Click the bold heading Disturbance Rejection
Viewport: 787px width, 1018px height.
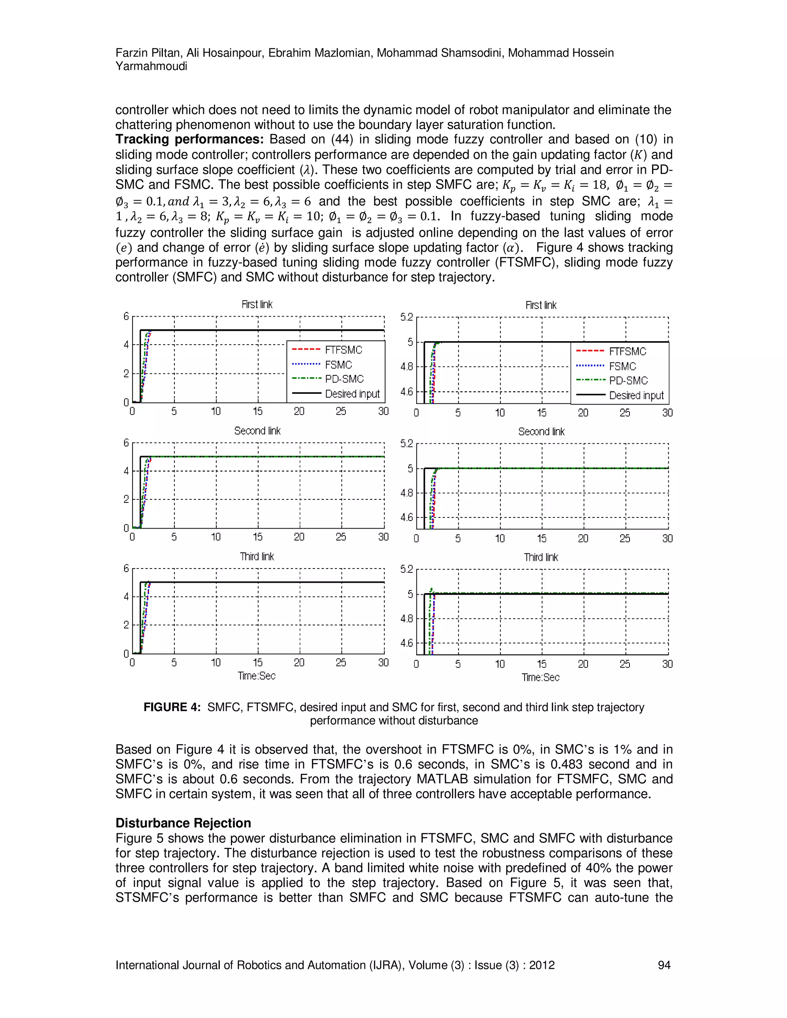click(x=183, y=823)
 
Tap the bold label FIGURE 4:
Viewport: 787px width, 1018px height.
click(x=171, y=707)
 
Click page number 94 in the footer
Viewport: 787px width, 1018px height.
click(x=664, y=965)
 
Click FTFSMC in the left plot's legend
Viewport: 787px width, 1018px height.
click(x=343, y=350)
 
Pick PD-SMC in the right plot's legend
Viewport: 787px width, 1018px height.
click(x=628, y=381)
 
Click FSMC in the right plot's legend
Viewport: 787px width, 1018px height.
click(x=623, y=366)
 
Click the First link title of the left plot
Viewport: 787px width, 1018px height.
click(x=257, y=304)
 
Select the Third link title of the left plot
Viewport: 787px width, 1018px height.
click(x=257, y=557)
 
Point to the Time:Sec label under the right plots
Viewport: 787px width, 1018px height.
click(x=540, y=677)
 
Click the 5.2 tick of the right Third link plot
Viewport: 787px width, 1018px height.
click(x=407, y=569)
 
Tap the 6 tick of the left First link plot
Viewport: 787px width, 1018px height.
click(x=126, y=317)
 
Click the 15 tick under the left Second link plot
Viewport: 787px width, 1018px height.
click(x=257, y=537)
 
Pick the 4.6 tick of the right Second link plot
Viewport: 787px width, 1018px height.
click(x=407, y=517)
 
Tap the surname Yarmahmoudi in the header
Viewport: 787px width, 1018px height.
click(x=151, y=66)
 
